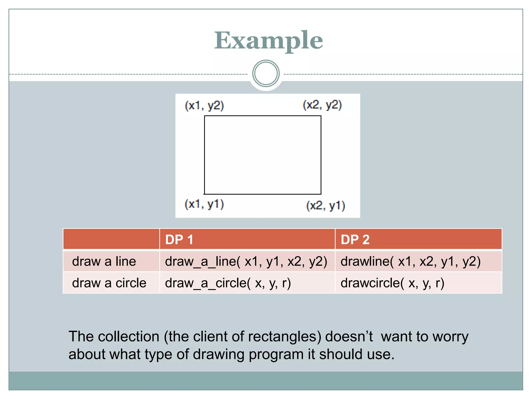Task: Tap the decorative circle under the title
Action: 266,74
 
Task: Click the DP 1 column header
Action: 179,240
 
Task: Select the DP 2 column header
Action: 355,240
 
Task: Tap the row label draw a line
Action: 104,261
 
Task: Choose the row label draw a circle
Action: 109,283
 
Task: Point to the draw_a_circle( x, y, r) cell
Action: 228,283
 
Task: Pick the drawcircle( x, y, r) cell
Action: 392,283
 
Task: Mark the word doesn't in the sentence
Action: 349,337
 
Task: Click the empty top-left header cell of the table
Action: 111,239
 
